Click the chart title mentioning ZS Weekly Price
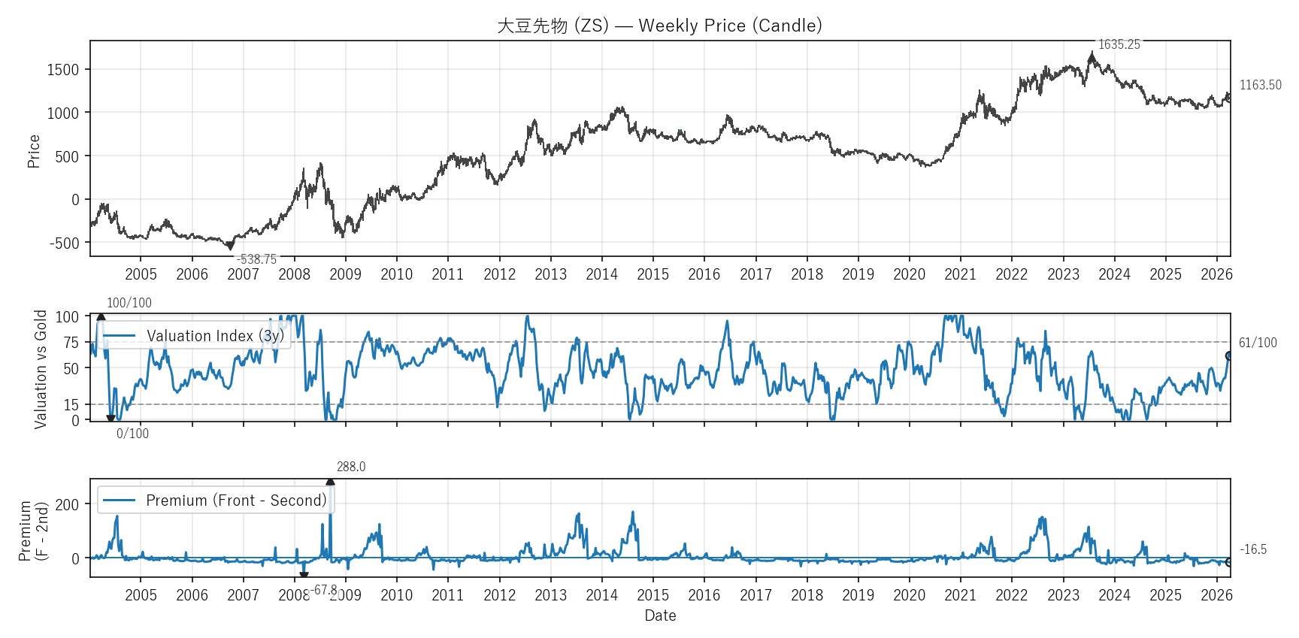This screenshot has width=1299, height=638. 659,26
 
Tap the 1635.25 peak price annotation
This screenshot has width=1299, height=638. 1119,44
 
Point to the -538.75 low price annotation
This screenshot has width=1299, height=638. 256,259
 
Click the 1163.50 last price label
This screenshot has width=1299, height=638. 1260,85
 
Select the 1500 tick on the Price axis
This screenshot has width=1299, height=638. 62,70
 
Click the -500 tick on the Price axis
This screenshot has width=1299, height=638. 64,243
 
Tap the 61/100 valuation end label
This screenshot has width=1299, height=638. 1258,343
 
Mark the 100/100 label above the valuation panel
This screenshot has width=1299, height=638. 129,303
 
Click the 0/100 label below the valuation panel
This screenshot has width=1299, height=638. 132,434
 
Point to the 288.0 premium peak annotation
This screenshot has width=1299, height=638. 351,467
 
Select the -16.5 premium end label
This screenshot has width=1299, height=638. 1253,549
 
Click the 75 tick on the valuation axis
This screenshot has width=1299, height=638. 71,343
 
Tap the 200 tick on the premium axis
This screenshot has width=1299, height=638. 67,505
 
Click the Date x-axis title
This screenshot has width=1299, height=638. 660,615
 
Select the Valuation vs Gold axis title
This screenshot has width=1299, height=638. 41,369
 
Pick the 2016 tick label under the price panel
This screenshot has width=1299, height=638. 704,274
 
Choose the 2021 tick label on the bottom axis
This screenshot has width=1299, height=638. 960,595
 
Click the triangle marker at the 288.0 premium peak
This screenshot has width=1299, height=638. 330,482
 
